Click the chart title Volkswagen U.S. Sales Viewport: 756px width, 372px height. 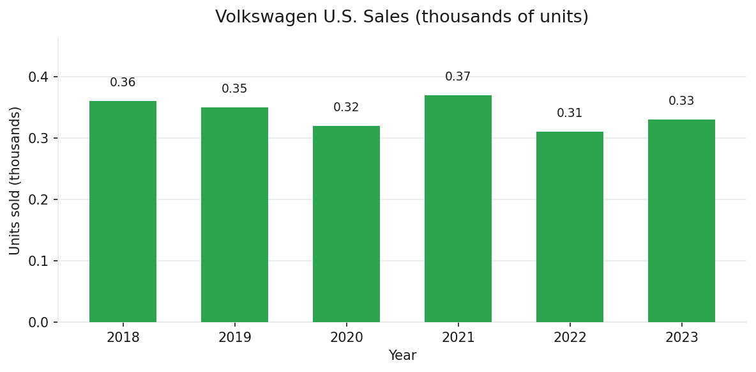[x=402, y=17]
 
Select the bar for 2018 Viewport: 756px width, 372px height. [x=123, y=212]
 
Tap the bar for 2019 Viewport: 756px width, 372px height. [x=234, y=215]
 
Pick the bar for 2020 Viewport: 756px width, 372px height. [x=346, y=224]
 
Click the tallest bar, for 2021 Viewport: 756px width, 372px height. [x=458, y=208]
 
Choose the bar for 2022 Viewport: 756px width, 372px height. [x=570, y=227]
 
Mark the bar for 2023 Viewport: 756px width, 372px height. [x=681, y=221]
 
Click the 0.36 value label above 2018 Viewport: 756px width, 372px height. [x=123, y=82]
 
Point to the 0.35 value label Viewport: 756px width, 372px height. [x=234, y=89]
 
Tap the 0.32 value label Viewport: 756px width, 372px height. [x=346, y=107]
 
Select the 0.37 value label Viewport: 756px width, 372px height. [x=458, y=77]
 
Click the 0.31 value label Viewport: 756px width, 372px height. [x=570, y=113]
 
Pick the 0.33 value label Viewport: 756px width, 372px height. [x=681, y=101]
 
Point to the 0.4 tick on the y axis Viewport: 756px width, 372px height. [x=38, y=77]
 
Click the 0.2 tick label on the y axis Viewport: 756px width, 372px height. [x=38, y=200]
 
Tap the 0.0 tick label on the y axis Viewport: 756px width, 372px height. [x=38, y=323]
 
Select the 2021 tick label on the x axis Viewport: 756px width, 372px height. [x=458, y=337]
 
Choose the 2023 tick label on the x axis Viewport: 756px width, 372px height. [x=681, y=337]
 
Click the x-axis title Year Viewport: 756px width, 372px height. [x=402, y=356]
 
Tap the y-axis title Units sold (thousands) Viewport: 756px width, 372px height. [x=15, y=180]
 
